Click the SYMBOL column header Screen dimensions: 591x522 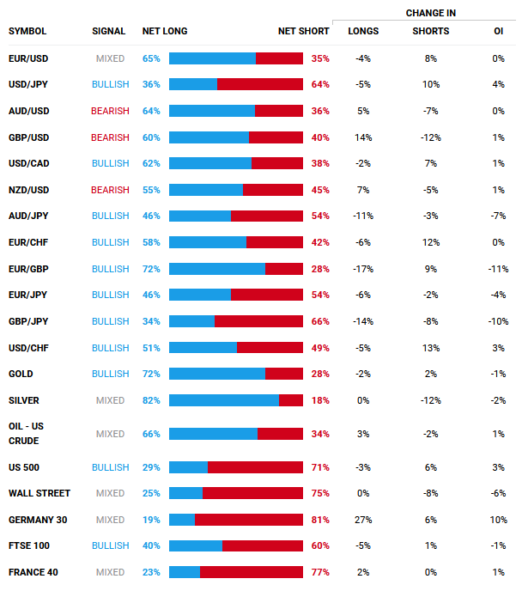pos(27,32)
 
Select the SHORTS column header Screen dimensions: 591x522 pos(430,32)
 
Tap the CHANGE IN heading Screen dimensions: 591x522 pos(430,13)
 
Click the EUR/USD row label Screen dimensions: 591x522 pos(28,58)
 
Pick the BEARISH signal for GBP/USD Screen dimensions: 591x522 pos(110,137)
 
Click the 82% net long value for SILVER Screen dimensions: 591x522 pos(151,400)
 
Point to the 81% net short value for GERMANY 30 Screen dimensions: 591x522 pos(320,520)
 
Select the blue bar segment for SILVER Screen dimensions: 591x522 pos(224,400)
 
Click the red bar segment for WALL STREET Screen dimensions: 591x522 pos(252,493)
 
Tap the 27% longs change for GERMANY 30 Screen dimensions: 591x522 pos(362,520)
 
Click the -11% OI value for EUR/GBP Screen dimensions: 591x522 pos(498,269)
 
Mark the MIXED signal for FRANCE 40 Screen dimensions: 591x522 pos(110,572)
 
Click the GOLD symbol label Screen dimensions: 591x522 pos(21,375)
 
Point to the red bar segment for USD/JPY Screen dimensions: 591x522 pos(260,84)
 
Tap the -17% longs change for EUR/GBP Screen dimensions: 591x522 pos(362,269)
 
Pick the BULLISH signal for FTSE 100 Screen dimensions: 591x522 pos(110,545)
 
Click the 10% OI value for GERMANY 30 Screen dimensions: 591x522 pos(498,520)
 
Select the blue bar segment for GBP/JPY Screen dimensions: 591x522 pos(191,321)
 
